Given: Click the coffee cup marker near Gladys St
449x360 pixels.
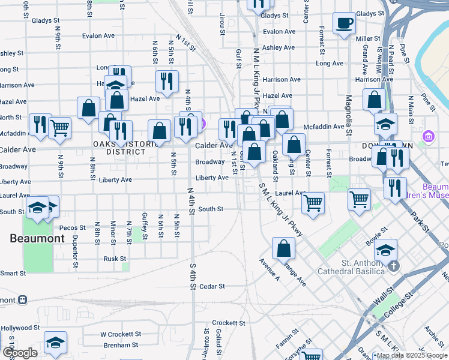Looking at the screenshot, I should [345, 23].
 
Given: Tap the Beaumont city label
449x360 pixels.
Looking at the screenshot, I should [37, 238].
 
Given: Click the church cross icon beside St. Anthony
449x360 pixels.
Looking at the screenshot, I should [393, 266].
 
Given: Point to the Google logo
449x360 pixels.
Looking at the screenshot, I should [19, 353].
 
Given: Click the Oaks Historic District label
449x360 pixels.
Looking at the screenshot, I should [119, 148].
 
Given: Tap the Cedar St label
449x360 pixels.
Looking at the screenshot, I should [212, 286].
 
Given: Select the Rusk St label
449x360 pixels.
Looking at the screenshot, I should [114, 259].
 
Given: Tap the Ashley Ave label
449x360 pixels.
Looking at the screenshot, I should [279, 47].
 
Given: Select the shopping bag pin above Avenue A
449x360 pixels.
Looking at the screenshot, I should [283, 247].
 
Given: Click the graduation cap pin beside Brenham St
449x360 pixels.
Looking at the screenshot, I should [55, 343].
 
